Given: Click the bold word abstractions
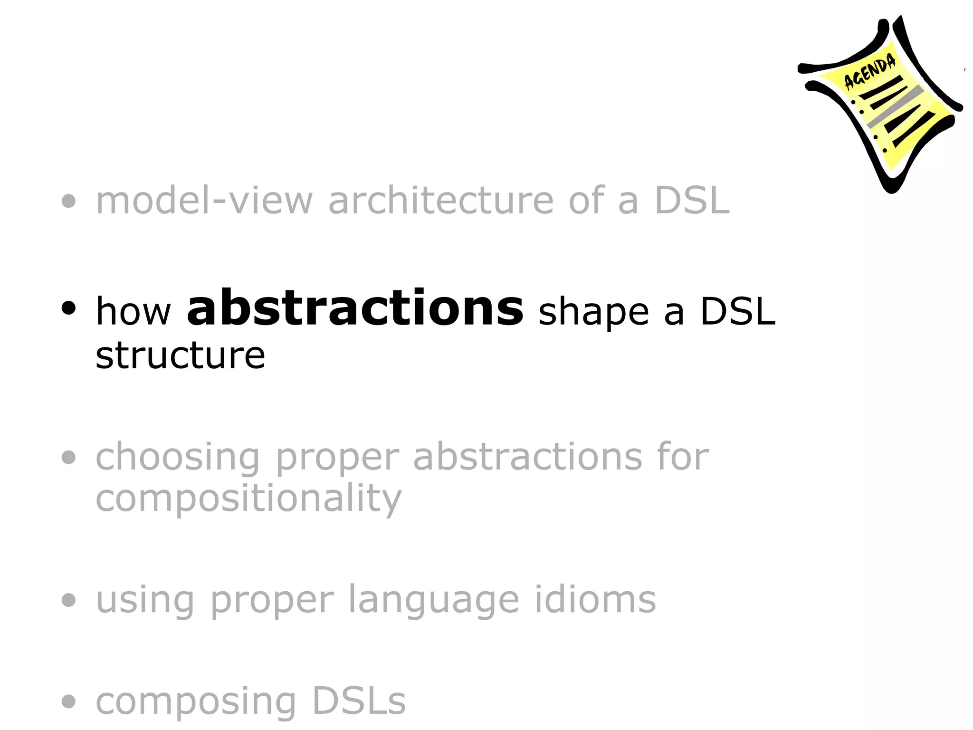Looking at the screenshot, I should (355, 309).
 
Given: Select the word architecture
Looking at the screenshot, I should (440, 201).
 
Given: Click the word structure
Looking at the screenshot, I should (180, 355).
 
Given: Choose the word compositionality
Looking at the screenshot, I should (248, 499).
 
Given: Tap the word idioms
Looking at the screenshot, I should (595, 600).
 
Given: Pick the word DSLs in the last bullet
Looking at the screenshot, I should (359, 701).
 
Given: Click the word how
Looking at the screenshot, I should (133, 312).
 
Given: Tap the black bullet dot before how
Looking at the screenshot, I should (69, 308).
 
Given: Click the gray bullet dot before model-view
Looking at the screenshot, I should (69, 202).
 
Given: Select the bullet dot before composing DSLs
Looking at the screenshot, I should (69, 701).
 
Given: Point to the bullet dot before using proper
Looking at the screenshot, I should (69, 600).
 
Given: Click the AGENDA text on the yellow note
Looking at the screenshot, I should (869, 72).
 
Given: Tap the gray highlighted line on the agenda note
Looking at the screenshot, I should (895, 107).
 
